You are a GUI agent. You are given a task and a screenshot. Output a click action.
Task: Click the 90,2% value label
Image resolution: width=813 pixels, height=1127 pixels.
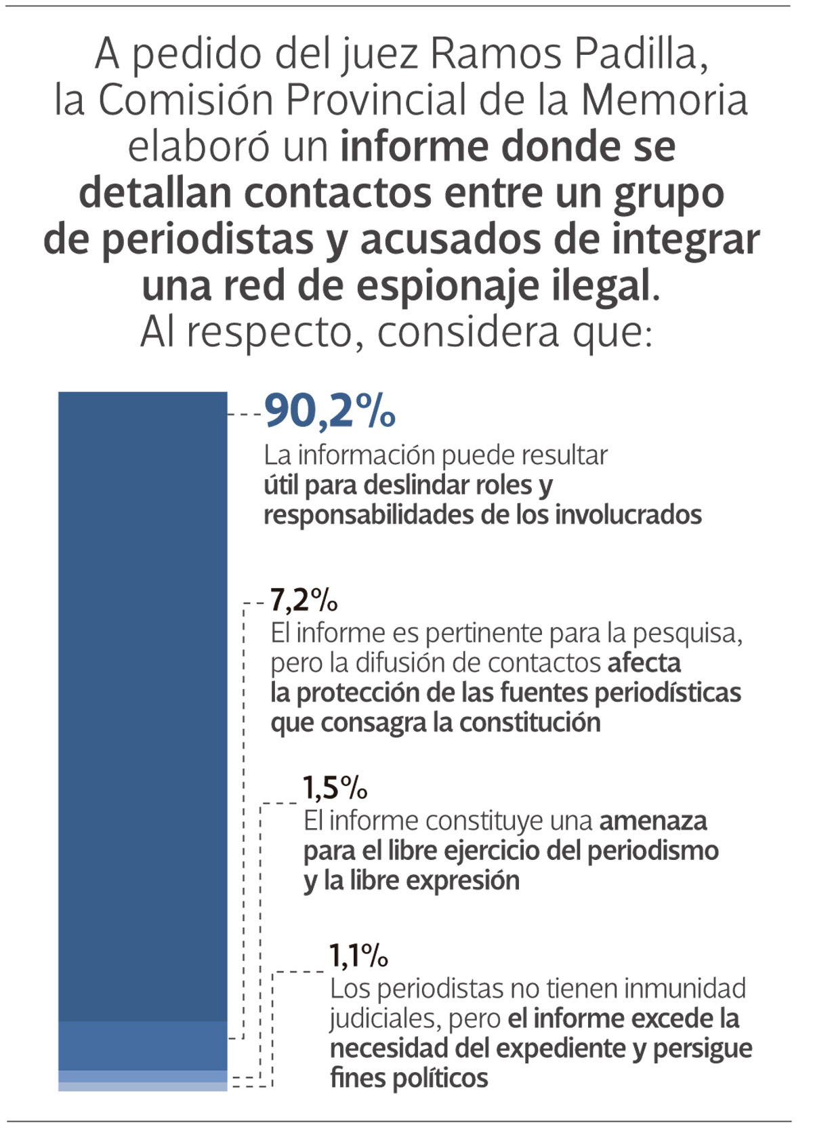pyautogui.click(x=329, y=411)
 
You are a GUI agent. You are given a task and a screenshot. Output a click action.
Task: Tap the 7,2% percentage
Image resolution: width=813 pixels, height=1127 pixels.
pyautogui.click(x=304, y=600)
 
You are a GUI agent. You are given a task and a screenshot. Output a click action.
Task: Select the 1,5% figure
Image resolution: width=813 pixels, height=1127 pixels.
pyautogui.click(x=335, y=787)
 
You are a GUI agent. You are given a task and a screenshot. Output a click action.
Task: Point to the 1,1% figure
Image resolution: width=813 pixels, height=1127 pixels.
pyautogui.click(x=358, y=956)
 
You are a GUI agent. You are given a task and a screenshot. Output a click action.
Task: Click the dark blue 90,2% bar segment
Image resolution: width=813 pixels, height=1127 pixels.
pyautogui.click(x=142, y=705)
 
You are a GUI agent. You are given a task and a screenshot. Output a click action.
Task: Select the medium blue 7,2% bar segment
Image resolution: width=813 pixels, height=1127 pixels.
pyautogui.click(x=142, y=1046)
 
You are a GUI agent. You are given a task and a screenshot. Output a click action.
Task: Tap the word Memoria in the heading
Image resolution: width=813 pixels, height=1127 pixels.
pyautogui.click(x=664, y=100)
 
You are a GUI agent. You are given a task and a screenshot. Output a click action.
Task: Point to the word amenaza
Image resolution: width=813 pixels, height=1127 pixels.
pyautogui.click(x=653, y=821)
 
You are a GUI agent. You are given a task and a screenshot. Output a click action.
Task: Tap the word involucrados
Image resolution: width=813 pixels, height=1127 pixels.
pyautogui.click(x=628, y=514)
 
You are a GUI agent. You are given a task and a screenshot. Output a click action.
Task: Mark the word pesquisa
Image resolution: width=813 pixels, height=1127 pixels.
pyautogui.click(x=686, y=633)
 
